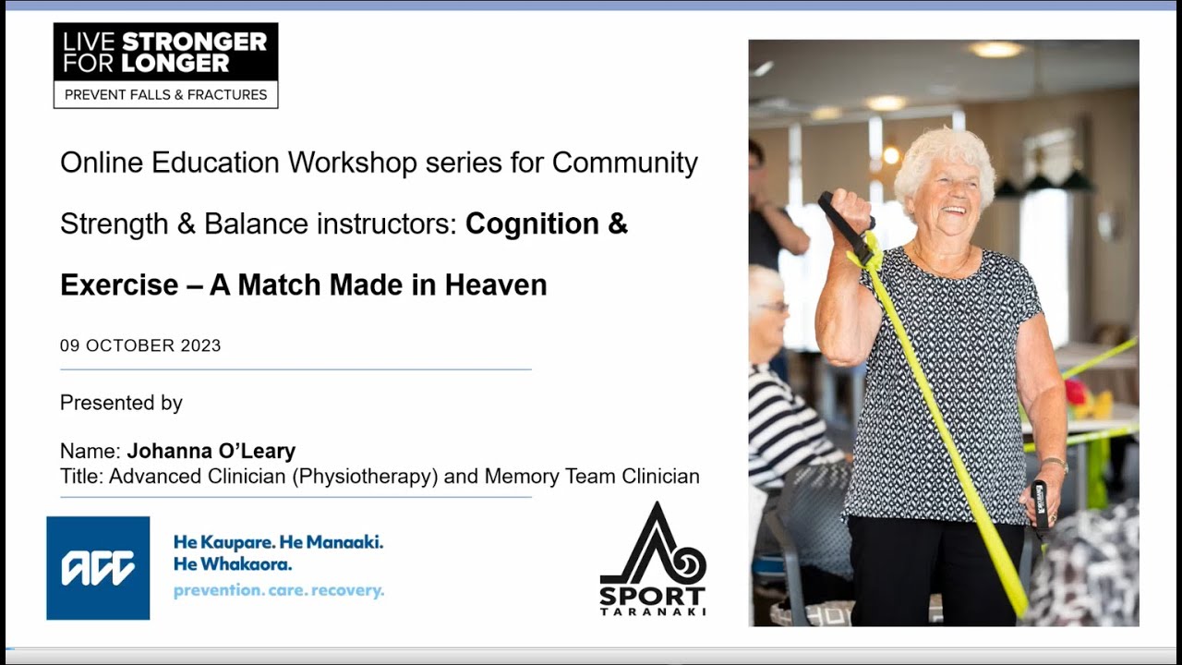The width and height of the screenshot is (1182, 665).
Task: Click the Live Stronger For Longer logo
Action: pos(165,65)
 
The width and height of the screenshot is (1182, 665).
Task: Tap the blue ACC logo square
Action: pos(98,568)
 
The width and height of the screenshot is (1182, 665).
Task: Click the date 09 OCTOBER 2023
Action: pos(140,345)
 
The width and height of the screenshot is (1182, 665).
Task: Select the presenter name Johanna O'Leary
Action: pos(211,452)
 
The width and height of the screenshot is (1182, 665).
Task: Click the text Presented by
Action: pos(121,403)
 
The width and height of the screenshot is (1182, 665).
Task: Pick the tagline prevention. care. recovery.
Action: pos(278,590)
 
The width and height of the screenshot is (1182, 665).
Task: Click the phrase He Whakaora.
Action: pos(232,563)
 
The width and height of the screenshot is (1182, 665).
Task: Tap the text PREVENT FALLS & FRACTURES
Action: pos(165,94)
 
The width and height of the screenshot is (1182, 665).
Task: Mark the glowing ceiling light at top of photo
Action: pos(995,49)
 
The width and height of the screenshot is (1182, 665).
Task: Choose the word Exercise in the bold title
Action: pos(119,284)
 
